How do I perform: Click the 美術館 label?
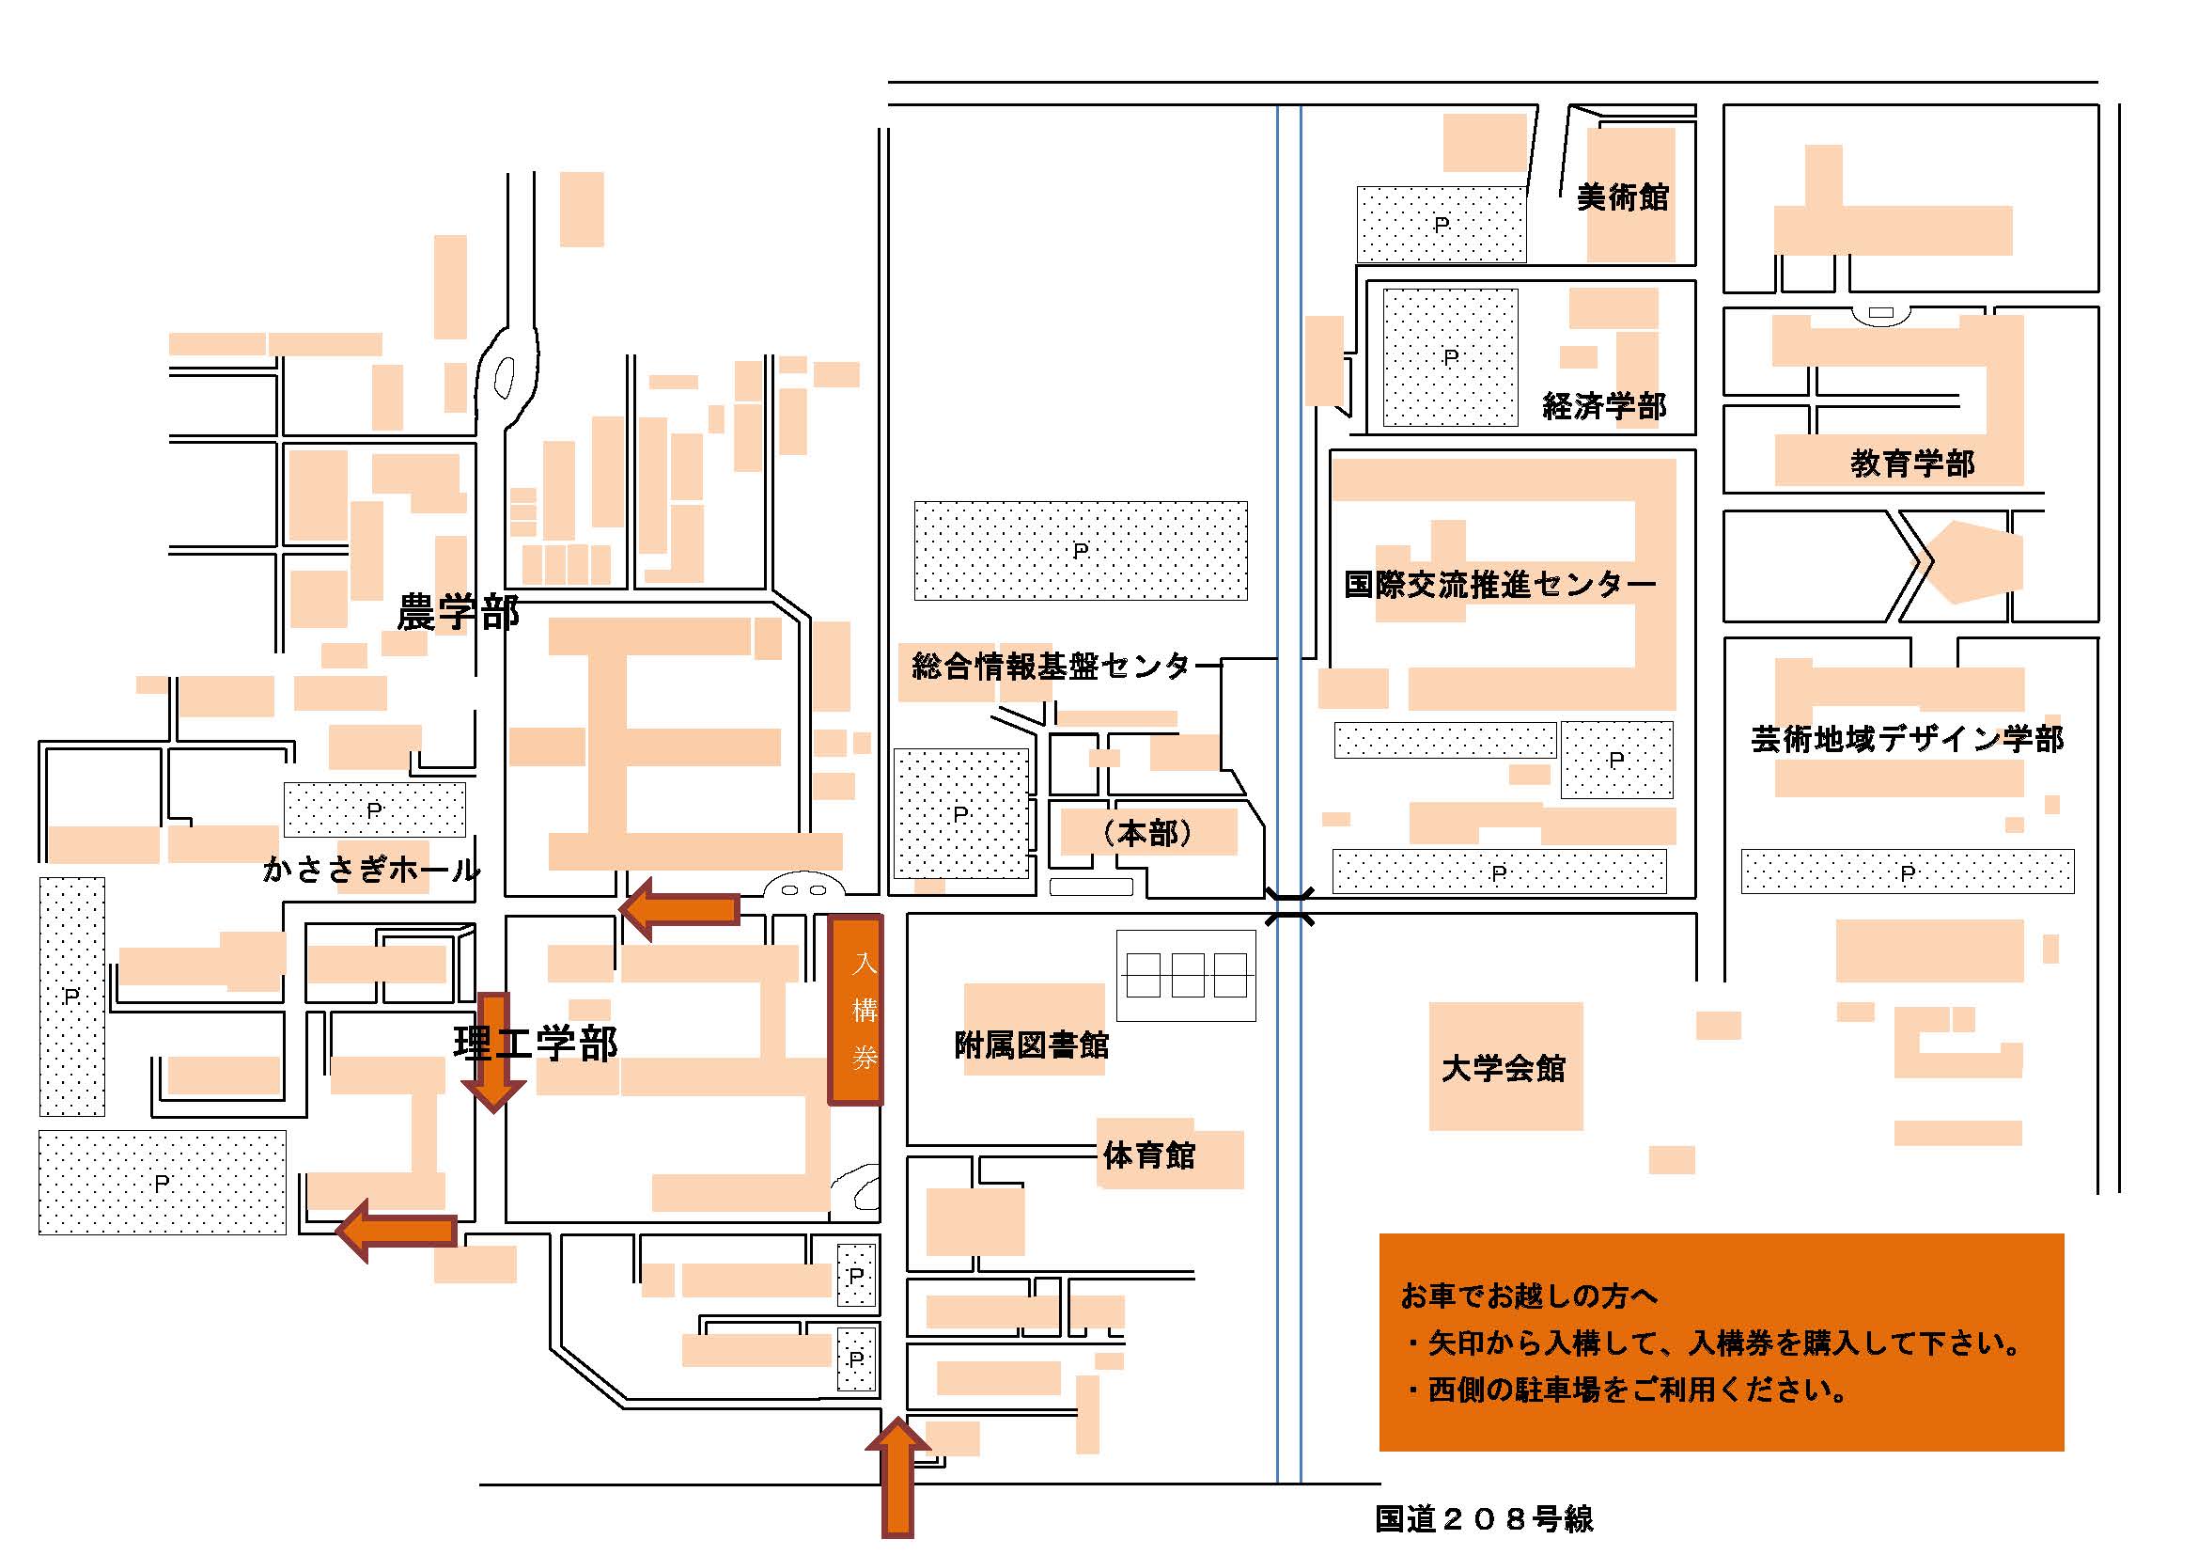coord(1623,197)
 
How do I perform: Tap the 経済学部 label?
coord(1604,406)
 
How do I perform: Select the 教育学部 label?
coord(1912,464)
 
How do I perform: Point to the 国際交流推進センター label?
coord(1499,583)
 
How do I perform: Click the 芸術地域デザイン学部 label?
coord(1907,738)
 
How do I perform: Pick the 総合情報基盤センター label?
coord(1052,666)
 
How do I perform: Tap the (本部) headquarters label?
coord(1147,833)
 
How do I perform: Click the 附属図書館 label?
coord(1032,1045)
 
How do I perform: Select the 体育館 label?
coord(1148,1154)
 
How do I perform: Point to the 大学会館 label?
coord(1503,1068)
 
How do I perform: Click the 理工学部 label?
coord(536,1043)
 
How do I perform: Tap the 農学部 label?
coord(458,613)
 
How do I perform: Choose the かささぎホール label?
coord(371,870)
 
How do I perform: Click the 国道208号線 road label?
coord(1484,1518)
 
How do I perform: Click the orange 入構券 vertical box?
coord(855,1009)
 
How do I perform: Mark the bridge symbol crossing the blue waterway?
coord(1288,905)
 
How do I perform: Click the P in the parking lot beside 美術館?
coord(1442,225)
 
